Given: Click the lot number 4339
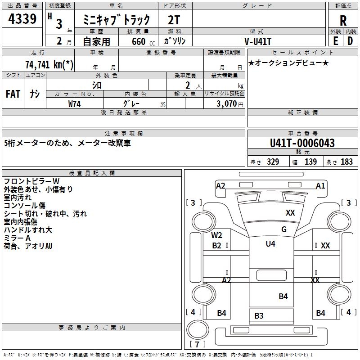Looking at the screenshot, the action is coord(22,19).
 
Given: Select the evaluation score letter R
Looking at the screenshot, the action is coord(343,21).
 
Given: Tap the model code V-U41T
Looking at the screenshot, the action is coord(258,41).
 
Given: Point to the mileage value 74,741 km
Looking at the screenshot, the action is coord(49,64).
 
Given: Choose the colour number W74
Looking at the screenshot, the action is coord(75,103).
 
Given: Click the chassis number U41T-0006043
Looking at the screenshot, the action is coord(302,144).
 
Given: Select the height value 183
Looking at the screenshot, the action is coord(347,162).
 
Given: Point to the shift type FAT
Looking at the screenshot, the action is coord(13,94).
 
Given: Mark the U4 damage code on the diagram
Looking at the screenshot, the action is coord(270,244).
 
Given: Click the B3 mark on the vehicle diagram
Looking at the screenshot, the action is coord(259,315).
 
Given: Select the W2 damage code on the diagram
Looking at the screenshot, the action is coord(217,235).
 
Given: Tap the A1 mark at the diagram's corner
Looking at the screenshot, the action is coord(320,185).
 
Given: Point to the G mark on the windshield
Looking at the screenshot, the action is coord(283,229).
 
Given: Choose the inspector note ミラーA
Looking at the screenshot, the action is coord(17,238).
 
